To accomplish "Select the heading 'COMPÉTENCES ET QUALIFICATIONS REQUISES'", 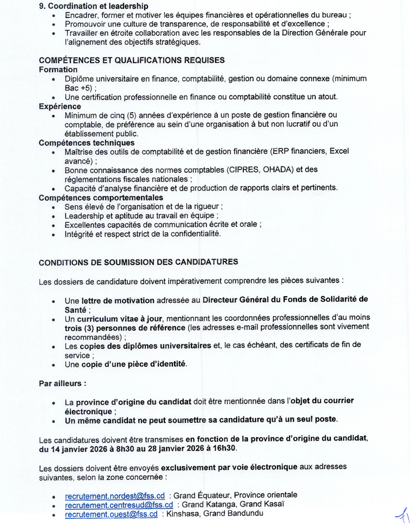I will click(131, 60).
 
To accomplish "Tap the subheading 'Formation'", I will click(58, 69).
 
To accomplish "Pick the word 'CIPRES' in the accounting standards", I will click(230, 169).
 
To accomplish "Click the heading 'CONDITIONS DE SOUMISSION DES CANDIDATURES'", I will click(138, 262).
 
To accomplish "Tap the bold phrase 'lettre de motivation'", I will click(118, 300).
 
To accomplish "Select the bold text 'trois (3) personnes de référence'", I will click(125, 328).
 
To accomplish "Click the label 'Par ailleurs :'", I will click(62, 382).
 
